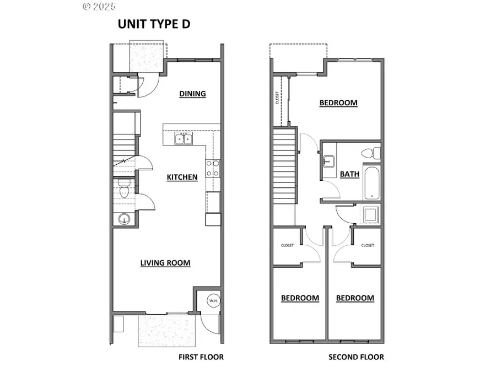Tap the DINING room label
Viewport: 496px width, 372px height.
(192, 94)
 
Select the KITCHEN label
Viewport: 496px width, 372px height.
(182, 177)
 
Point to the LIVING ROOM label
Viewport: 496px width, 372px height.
(165, 263)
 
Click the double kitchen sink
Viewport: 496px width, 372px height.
(184, 138)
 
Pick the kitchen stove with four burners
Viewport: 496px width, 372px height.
(213, 168)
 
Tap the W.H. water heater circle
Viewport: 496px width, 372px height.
(213, 301)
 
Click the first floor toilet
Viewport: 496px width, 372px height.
(124, 191)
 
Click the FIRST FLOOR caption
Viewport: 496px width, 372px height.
(201, 357)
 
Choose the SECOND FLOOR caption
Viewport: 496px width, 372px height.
(356, 357)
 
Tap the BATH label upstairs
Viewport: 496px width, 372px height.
(349, 174)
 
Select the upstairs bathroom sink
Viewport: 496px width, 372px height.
(330, 161)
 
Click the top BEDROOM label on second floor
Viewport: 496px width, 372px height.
(338, 103)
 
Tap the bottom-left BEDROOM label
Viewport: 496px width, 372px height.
(300, 298)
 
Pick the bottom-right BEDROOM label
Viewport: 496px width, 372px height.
(355, 298)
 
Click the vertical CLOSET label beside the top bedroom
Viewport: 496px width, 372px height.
(277, 98)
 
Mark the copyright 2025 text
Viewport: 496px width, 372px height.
(99, 7)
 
